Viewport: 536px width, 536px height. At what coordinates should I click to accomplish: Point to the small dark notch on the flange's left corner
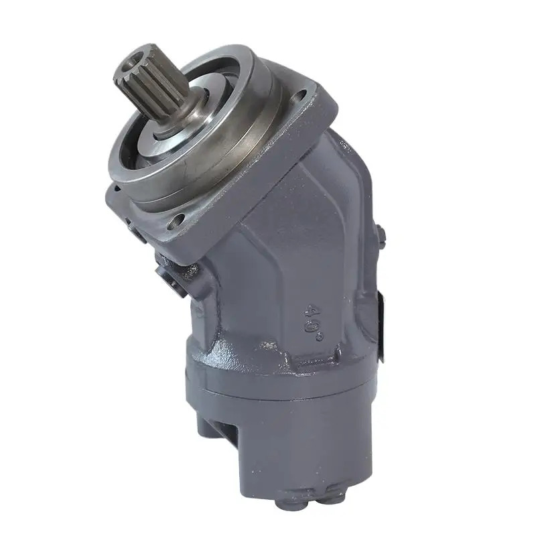pos(117,187)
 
